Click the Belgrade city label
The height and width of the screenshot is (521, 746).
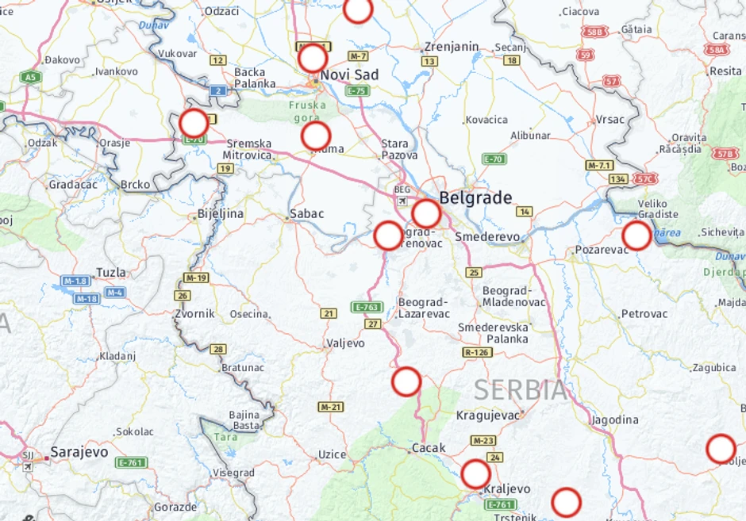(475, 197)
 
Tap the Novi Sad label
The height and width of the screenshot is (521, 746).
(349, 75)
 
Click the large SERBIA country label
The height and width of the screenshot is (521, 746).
(521, 390)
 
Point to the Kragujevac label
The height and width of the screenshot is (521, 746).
(488, 415)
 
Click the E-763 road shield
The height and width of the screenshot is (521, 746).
(367, 307)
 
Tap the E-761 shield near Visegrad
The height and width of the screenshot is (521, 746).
(132, 462)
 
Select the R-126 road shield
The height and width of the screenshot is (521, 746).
(477, 352)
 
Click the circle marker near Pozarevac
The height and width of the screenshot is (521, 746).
(636, 236)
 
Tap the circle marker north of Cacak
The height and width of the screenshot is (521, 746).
(406, 381)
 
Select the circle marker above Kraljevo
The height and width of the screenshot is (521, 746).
(475, 473)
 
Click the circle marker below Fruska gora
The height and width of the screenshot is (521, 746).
(316, 136)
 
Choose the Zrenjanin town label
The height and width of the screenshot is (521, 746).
(452, 47)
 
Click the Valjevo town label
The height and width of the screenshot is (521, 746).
(345, 343)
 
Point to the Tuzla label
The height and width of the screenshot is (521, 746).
(110, 272)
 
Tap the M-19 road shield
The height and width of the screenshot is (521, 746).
(195, 278)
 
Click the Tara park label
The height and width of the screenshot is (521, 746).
(225, 437)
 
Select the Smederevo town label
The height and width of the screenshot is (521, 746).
(487, 237)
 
